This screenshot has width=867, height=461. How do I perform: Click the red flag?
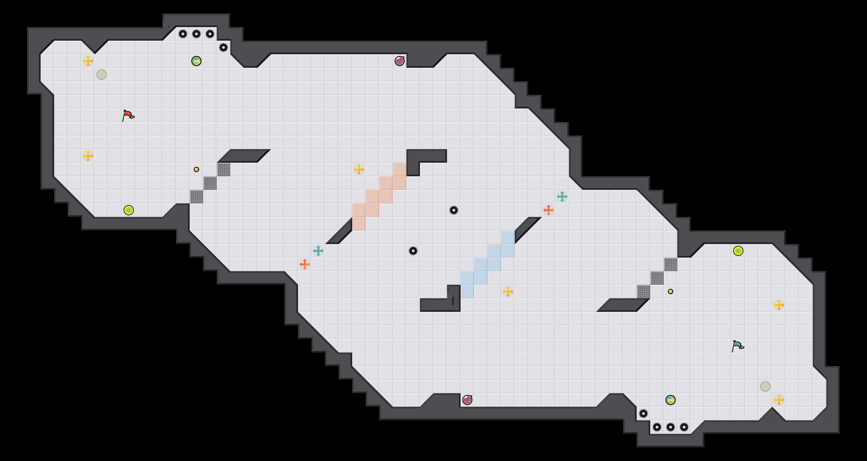128,116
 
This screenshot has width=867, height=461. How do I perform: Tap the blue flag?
738,346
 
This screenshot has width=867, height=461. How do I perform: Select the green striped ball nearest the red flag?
196,61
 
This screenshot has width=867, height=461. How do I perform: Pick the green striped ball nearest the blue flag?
671,400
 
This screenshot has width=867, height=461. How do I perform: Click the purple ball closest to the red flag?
400,61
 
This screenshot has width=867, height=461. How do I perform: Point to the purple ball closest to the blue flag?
467,400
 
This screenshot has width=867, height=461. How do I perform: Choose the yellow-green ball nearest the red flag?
129,210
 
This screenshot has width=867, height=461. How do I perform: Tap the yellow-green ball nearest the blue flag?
738,251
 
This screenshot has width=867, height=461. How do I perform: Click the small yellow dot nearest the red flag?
196,169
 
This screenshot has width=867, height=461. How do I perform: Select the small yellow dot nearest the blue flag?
671,292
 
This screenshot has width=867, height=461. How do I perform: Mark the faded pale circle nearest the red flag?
102,75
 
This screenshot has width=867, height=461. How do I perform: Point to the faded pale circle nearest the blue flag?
765,386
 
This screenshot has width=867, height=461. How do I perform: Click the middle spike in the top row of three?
196,34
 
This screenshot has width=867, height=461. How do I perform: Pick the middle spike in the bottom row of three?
671,427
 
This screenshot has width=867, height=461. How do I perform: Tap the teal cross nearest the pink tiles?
318,251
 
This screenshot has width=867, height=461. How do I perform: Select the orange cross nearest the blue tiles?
549,210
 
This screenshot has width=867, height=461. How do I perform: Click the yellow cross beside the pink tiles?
359,169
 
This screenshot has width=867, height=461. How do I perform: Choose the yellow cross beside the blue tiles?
508,292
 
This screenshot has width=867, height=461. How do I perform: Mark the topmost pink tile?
400,169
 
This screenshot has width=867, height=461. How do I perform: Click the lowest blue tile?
467,292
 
